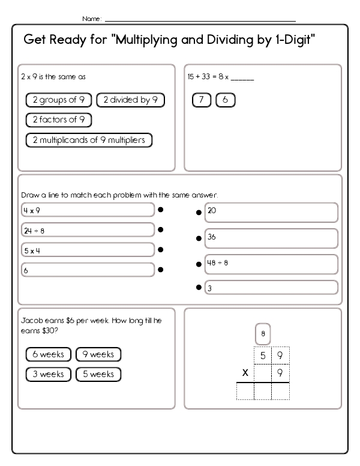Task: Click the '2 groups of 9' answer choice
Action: pyautogui.click(x=58, y=100)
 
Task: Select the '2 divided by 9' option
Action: pyautogui.click(x=130, y=100)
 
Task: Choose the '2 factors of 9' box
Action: pyautogui.click(x=58, y=120)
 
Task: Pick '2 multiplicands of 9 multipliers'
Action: pyautogui.click(x=89, y=140)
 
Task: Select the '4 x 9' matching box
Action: pyautogui.click(x=88, y=210)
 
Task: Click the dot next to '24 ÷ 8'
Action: pyautogui.click(x=161, y=229)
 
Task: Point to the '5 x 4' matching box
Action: pyautogui.click(x=88, y=250)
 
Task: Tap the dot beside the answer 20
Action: pyautogui.click(x=199, y=213)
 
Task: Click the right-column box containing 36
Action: pyautogui.click(x=271, y=238)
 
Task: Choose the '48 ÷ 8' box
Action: pyautogui.click(x=271, y=263)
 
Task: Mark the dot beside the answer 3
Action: pyautogui.click(x=199, y=288)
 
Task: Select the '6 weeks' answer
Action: pyautogui.click(x=49, y=354)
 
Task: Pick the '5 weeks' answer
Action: pyautogui.click(x=98, y=374)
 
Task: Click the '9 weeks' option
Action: pyautogui.click(x=98, y=354)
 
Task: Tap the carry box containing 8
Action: pyautogui.click(x=263, y=333)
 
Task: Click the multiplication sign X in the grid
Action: pyautogui.click(x=244, y=373)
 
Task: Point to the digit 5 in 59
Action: pyautogui.click(x=263, y=356)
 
